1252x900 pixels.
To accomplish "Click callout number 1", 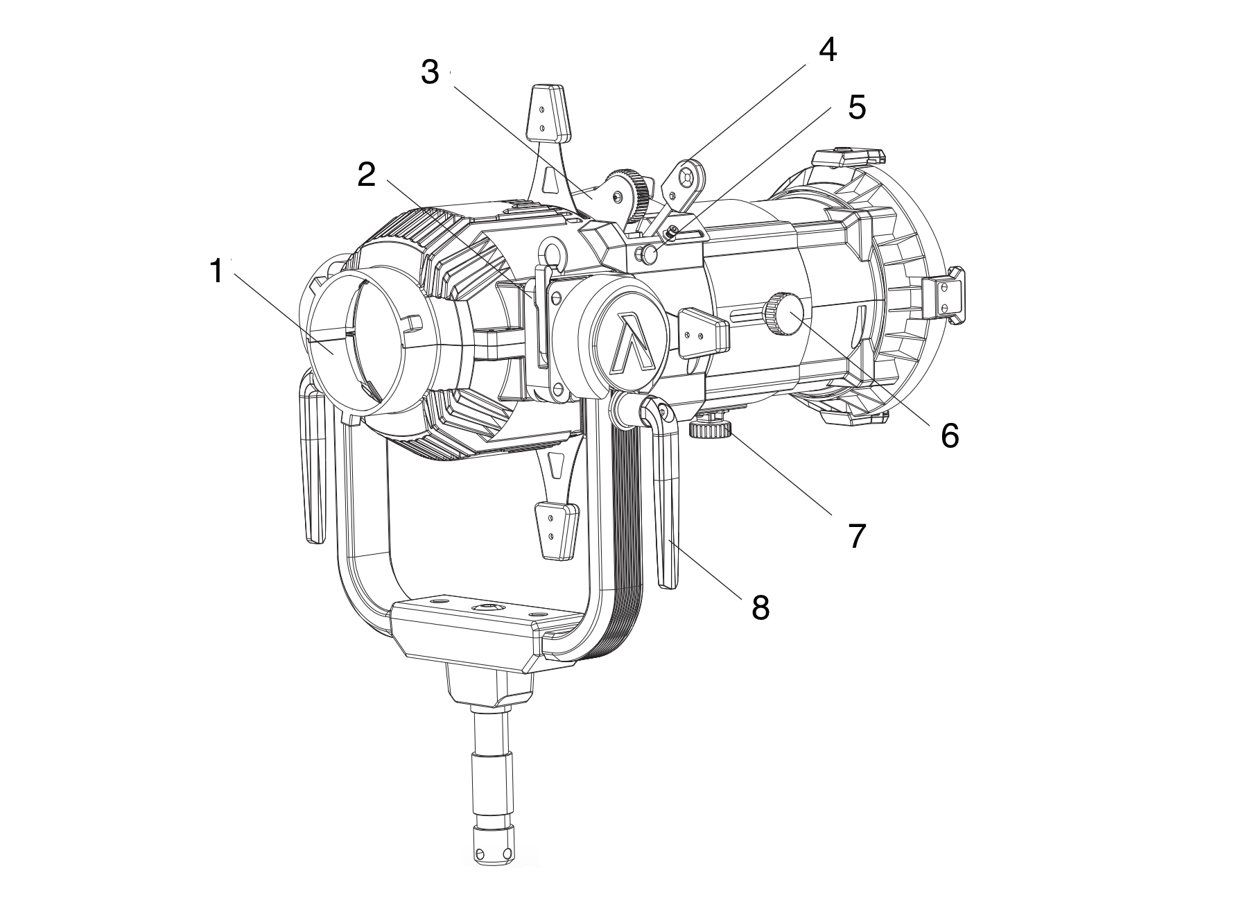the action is (217, 271).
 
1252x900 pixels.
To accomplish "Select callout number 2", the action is (366, 175).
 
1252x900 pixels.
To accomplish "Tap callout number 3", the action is (430, 73).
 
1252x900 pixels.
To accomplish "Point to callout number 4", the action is (827, 50).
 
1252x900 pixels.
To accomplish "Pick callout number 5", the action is (856, 107).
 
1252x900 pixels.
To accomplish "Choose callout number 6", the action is (949, 435).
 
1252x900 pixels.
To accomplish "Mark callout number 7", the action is (858, 536).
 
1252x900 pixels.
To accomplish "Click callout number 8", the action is (760, 607).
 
